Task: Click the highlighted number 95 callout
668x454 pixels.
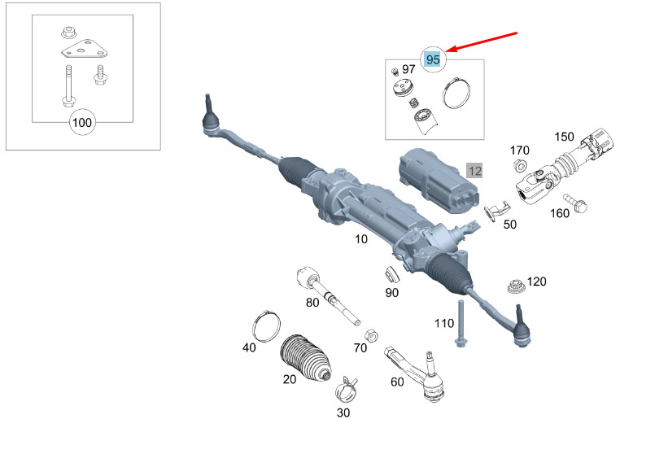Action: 433,59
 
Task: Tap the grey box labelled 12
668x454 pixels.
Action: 474,171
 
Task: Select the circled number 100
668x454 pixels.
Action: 82,123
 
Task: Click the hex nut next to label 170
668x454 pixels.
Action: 520,165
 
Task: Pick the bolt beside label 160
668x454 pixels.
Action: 575,203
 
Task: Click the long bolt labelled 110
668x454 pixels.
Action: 461,323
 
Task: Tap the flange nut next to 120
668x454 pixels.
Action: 516,286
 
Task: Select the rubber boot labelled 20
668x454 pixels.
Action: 306,358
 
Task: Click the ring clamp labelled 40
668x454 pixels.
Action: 266,326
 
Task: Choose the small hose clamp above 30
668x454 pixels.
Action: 347,388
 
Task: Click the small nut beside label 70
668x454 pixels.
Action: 372,335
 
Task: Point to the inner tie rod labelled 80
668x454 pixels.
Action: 329,295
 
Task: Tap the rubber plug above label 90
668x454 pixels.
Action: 391,275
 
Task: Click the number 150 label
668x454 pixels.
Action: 564,137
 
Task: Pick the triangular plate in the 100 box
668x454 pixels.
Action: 84,50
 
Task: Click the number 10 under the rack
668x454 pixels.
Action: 361,239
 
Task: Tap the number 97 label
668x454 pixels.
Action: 408,69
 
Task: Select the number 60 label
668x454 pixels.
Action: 397,382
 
